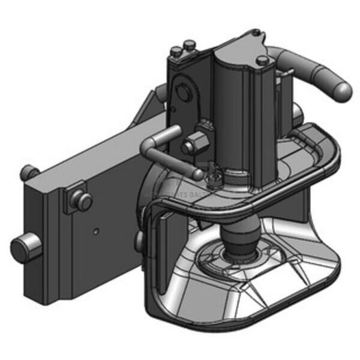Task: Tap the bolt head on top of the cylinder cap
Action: tap(262, 61)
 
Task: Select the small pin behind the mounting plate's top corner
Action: tap(28, 172)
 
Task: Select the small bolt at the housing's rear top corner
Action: tap(189, 44)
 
